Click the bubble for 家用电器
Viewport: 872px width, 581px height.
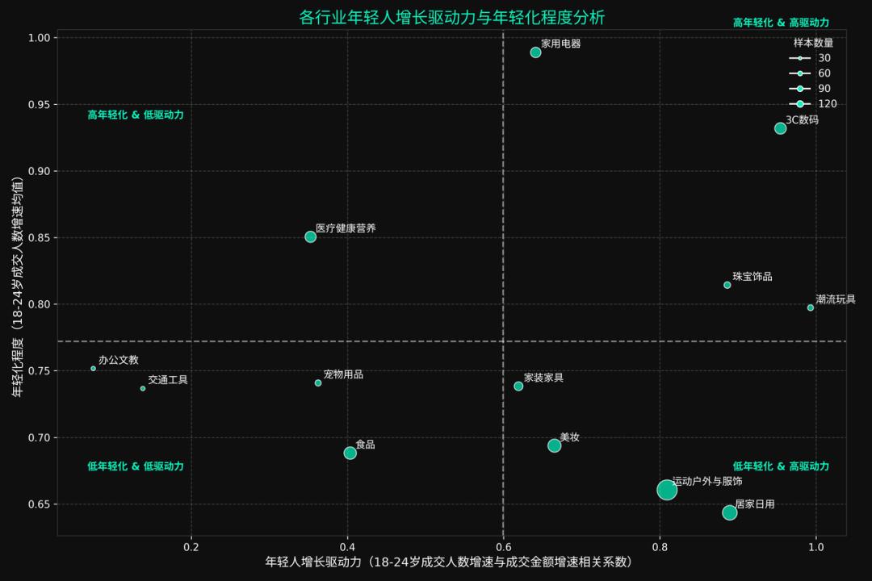tap(535, 52)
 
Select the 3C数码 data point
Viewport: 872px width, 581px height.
tap(780, 128)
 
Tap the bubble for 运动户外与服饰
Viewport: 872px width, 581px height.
tap(667, 490)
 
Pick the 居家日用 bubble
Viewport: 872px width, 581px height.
tap(730, 512)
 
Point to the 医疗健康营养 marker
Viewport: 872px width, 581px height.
tap(310, 237)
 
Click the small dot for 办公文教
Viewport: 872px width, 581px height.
tap(94, 369)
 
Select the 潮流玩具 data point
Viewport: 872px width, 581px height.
tap(811, 307)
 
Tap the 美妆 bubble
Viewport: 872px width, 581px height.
tap(554, 445)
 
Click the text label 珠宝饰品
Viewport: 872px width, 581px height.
tap(752, 277)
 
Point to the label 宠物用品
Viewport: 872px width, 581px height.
tap(343, 374)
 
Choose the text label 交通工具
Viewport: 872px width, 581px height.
tap(167, 380)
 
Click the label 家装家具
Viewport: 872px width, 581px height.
tap(543, 378)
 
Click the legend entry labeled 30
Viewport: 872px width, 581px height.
tap(814, 58)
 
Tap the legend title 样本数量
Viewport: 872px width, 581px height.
tap(813, 43)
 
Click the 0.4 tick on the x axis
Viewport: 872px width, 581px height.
tap(347, 545)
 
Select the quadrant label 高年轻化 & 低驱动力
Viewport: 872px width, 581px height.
tap(136, 115)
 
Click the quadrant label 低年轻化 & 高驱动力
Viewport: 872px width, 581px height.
tap(781, 466)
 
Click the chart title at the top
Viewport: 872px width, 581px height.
tap(440, 18)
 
